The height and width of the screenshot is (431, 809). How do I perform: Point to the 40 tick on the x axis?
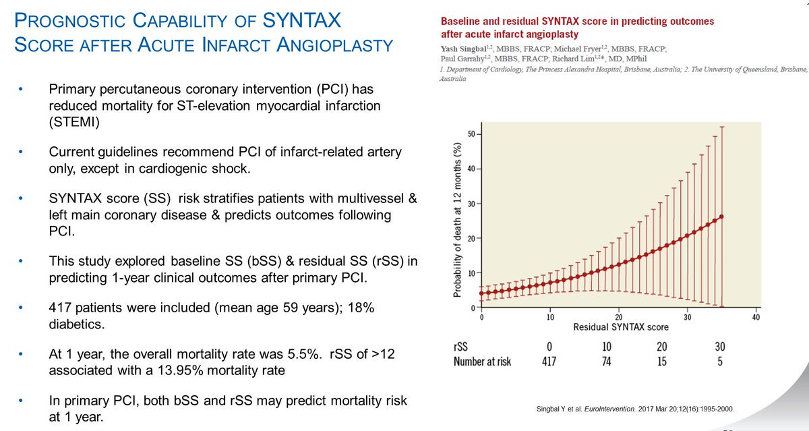(x=756, y=316)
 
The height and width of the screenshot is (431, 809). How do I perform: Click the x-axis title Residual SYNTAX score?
(x=620, y=327)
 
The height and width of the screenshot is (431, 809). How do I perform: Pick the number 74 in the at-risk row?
(x=607, y=362)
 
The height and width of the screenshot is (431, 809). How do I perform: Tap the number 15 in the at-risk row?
(x=662, y=362)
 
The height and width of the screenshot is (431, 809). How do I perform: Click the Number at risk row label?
(x=482, y=362)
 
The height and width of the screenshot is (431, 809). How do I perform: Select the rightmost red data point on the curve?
(x=722, y=217)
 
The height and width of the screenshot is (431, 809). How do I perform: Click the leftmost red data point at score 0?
(x=481, y=293)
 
